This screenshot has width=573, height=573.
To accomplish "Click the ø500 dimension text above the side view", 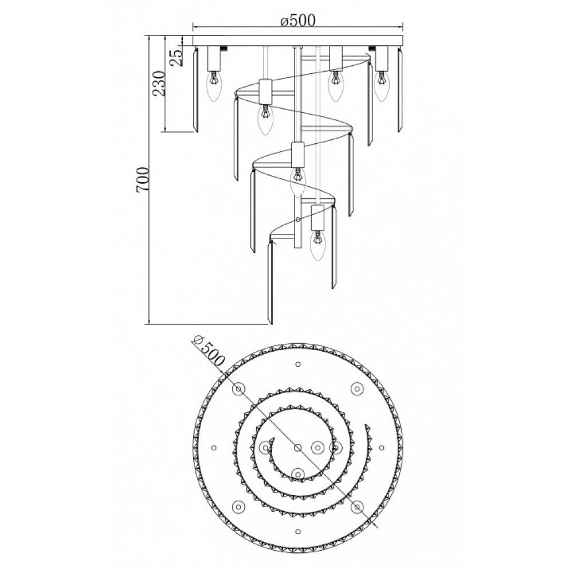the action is (297, 21).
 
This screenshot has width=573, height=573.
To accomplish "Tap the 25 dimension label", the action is (177, 57).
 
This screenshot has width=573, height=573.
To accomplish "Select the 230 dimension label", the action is (159, 83).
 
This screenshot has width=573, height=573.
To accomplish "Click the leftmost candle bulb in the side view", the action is (214, 87).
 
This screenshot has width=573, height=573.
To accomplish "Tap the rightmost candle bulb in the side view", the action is (381, 87).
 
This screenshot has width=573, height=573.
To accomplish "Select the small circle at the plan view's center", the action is (298, 448).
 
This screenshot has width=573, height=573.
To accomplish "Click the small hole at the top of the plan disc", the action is (298, 364).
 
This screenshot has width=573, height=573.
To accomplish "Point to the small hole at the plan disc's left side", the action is (214, 448).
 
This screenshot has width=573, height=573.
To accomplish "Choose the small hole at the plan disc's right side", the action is (382, 448).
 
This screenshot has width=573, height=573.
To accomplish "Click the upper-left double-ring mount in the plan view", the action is (238, 388).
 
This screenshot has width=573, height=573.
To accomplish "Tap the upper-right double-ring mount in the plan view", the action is (356, 388).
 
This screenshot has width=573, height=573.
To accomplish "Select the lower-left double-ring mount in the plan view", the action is (238, 507).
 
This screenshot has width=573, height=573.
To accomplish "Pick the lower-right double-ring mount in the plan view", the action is (356, 507).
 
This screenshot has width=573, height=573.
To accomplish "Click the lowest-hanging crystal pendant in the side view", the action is (270, 282).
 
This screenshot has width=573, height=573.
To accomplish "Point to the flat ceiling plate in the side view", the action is (297, 41).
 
